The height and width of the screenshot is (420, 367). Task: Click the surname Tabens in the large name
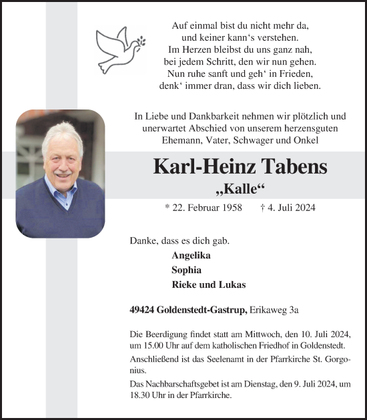coord(288,166)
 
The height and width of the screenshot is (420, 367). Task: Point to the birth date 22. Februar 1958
coord(204,208)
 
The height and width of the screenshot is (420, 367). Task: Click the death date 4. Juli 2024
coord(288,208)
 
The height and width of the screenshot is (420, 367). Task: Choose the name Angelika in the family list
coord(192,256)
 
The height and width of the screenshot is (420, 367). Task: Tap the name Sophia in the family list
coord(186,270)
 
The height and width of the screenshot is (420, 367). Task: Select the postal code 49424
coord(143,309)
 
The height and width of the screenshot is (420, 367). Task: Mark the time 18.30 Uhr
coord(147,395)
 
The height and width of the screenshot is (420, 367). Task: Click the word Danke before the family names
coord(143,240)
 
